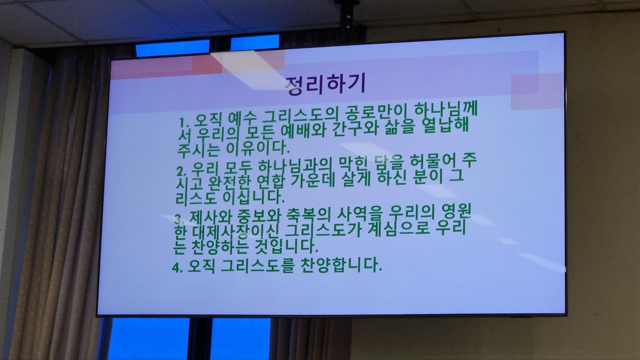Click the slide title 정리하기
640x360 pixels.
point(326,84)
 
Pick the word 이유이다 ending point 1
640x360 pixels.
point(257,147)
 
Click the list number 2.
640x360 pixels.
point(181,171)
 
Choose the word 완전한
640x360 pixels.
point(229,182)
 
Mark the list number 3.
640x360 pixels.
point(179,219)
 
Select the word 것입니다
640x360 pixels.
point(286,246)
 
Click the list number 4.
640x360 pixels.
point(177,268)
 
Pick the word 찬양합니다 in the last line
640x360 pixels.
point(341,265)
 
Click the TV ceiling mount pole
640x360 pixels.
point(347,17)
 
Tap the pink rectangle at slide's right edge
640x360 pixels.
point(537,91)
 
